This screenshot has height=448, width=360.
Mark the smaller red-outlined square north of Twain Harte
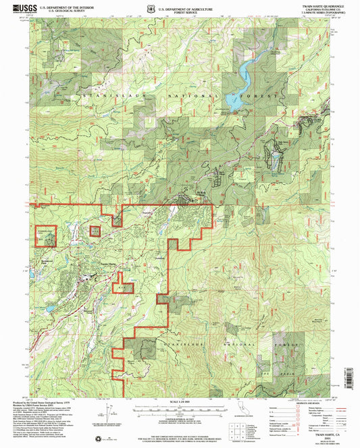coord(95,231)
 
